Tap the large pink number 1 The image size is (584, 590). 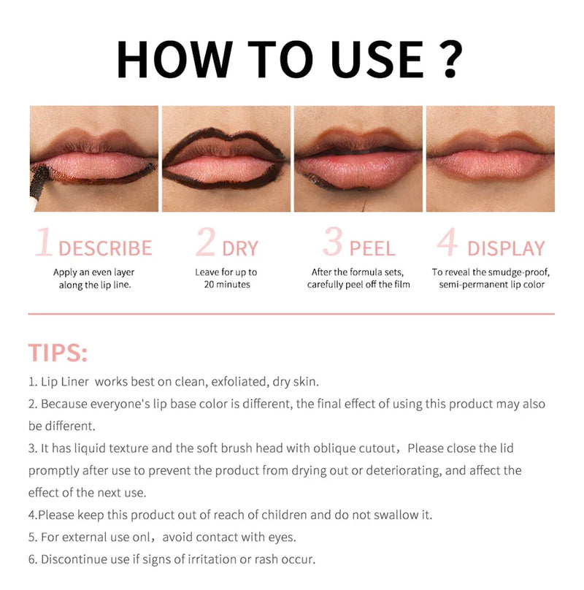pos(44,243)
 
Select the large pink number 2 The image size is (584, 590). pos(206,243)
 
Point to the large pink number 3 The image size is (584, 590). pos(333,243)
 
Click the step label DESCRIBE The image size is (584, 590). pos(105,248)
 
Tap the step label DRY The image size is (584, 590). pos(240,248)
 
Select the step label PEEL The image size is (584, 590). pos(372,248)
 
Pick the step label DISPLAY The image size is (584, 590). pos(506,248)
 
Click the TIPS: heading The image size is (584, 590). pos(58,353)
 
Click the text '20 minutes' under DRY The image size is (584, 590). pos(227,284)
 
